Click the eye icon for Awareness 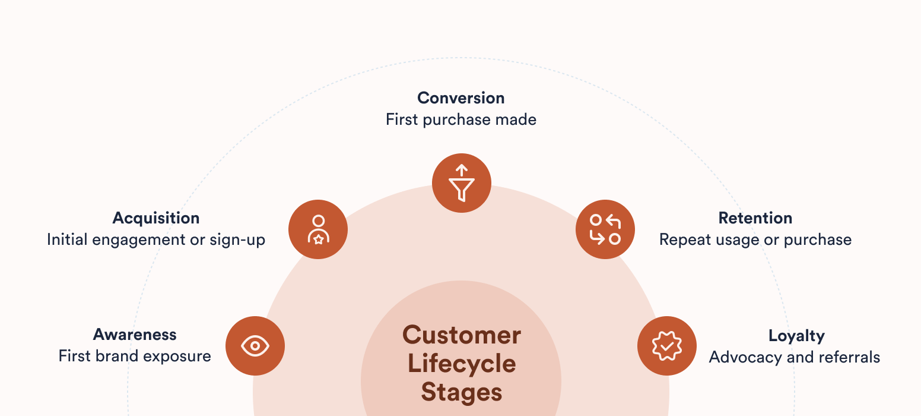255,346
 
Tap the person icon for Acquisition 318,229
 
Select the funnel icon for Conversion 462,183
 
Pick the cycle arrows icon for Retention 605,229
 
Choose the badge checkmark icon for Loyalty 667,346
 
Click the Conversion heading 461,98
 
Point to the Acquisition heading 156,218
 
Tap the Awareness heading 135,335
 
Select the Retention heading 755,218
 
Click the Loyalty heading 796,336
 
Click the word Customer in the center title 462,335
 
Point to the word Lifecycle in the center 462,364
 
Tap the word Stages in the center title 462,392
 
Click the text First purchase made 461,119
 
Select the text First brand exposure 135,356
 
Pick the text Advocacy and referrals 795,357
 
